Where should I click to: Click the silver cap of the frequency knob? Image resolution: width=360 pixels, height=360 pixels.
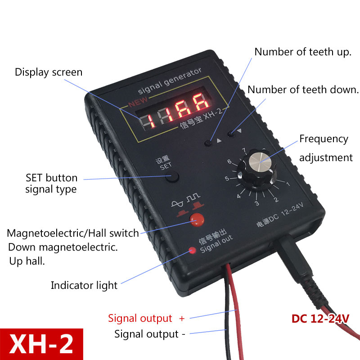point(260,162)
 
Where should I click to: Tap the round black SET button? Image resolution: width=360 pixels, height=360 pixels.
point(172,177)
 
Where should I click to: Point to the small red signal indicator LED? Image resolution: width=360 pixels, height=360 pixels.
point(192,250)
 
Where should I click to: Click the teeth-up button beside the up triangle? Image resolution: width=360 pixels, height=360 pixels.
point(208,143)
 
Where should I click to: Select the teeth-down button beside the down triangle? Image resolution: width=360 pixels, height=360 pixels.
point(231,134)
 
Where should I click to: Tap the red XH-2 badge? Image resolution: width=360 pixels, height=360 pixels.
point(41,344)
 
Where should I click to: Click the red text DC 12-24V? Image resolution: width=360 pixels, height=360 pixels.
point(320,319)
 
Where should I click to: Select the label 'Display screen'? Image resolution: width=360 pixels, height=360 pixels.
point(49,72)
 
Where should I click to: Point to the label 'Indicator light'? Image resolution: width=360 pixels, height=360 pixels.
point(84,285)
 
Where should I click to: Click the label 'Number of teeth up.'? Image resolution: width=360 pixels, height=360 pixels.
point(303,52)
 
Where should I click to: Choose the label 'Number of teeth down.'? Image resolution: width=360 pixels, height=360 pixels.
point(303,90)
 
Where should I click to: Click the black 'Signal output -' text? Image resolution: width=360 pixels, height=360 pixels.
point(150,334)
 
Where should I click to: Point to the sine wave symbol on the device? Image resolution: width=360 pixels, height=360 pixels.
point(177,203)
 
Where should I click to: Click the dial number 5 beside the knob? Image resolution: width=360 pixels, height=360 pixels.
point(227,178)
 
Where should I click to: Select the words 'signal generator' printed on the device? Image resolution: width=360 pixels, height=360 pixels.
point(170,81)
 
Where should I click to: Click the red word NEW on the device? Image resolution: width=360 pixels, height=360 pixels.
point(138,102)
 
